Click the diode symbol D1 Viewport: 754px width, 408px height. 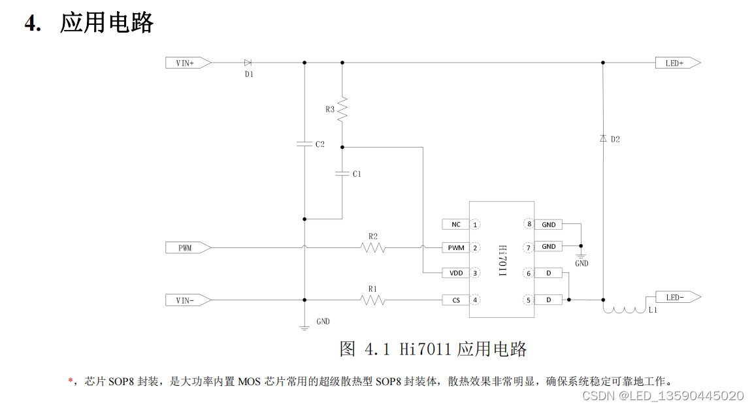[x=248, y=63]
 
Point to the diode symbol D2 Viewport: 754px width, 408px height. [x=602, y=138]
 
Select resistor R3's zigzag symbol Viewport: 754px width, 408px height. [x=342, y=108]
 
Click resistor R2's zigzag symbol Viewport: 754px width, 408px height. [x=372, y=248]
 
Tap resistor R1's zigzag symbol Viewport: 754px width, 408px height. [x=372, y=300]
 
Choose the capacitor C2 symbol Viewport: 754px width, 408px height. [x=304, y=144]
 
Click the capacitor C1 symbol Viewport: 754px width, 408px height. [x=342, y=174]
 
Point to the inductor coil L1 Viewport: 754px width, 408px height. [x=623, y=309]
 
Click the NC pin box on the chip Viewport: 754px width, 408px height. [x=455, y=225]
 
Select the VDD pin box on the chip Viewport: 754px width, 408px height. [x=455, y=273]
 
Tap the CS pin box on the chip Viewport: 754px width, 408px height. [x=455, y=300]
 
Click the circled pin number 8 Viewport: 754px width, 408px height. [x=529, y=225]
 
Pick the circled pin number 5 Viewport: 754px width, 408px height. [x=529, y=300]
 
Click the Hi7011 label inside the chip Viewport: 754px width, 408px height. [x=502, y=262]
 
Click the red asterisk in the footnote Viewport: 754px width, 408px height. [x=71, y=381]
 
